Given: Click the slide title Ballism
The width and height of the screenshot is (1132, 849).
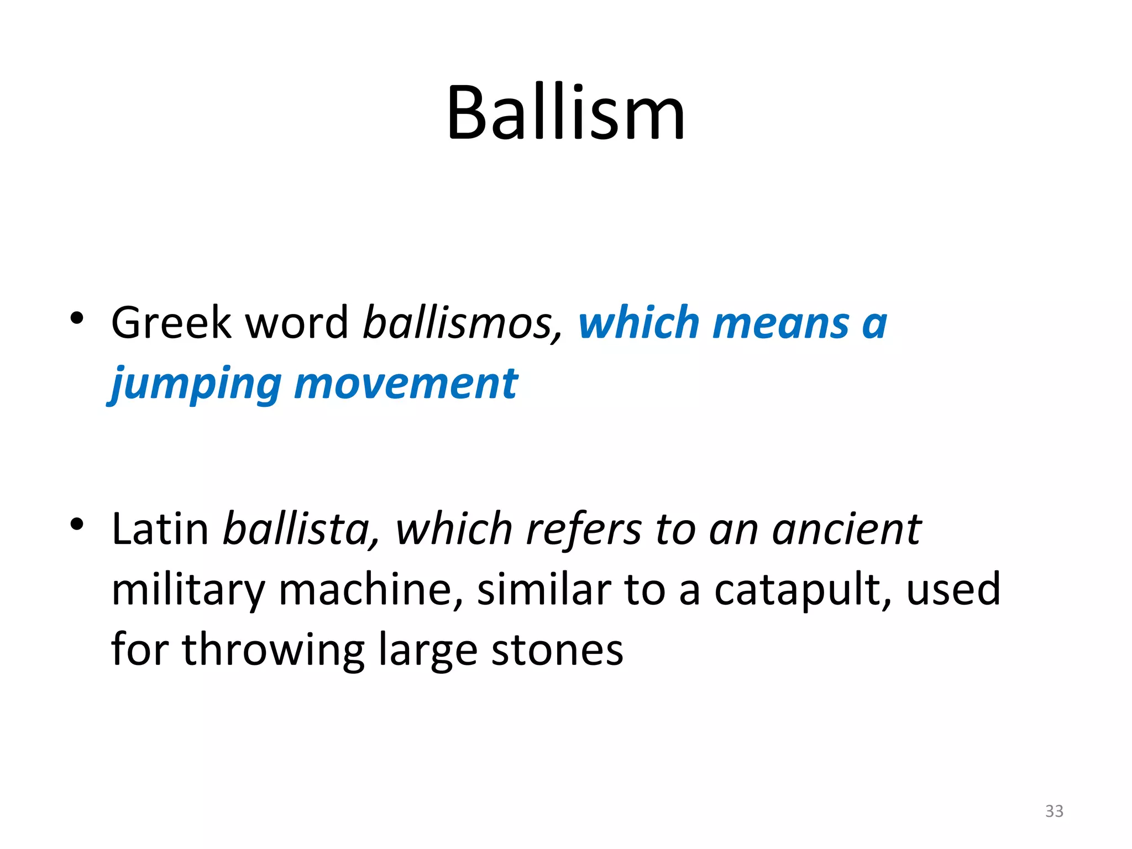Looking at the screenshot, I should (x=565, y=113).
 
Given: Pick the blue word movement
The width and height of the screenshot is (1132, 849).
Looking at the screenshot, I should (x=406, y=384).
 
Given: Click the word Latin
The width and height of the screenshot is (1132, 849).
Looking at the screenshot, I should (x=160, y=529).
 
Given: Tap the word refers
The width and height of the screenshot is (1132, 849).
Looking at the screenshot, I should (x=584, y=529).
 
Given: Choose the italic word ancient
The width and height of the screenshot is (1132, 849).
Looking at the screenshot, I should (x=846, y=529).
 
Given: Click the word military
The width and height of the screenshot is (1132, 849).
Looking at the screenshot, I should (x=188, y=590).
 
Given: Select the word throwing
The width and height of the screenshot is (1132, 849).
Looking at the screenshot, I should (x=273, y=651).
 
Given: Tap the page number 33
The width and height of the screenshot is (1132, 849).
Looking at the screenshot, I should (x=1054, y=811).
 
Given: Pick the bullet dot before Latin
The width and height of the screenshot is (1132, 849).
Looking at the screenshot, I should (x=77, y=524).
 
